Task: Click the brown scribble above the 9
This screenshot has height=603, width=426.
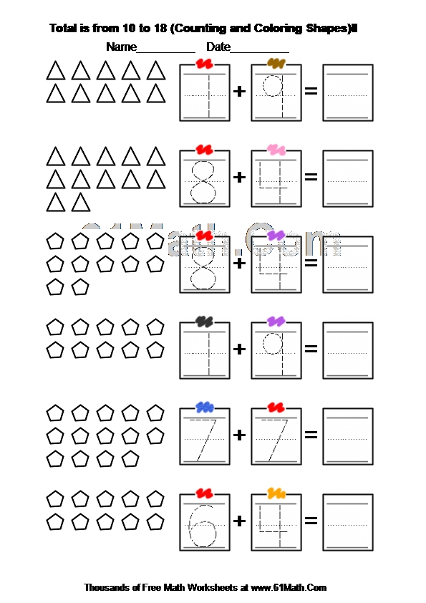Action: pyautogui.click(x=276, y=63)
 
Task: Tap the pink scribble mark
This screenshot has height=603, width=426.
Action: pyautogui.click(x=276, y=149)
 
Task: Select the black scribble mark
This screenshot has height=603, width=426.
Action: pyautogui.click(x=204, y=321)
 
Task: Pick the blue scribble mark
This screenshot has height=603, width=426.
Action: pyautogui.click(x=205, y=407)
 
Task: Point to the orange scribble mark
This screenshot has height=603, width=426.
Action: pyautogui.click(x=276, y=493)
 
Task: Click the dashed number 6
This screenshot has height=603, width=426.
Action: pyautogui.click(x=202, y=525)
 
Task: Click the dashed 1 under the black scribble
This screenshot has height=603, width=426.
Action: pyautogui.click(x=209, y=353)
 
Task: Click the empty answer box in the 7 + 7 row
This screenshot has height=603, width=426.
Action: pyautogui.click(x=347, y=436)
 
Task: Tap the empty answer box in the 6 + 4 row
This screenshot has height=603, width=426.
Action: pyautogui.click(x=347, y=522)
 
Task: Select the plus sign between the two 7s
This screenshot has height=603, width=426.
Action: pyautogui.click(x=239, y=435)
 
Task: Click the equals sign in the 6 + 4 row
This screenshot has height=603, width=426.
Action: pyautogui.click(x=311, y=521)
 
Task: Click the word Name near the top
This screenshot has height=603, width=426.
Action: pyautogui.click(x=121, y=47)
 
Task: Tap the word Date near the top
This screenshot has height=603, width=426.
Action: pyautogui.click(x=218, y=47)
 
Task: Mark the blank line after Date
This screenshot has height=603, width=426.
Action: pyautogui.click(x=259, y=52)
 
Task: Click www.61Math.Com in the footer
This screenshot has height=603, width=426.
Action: pyautogui.click(x=289, y=587)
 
